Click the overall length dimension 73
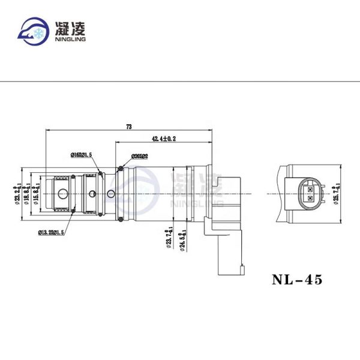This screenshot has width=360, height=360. click(128, 127)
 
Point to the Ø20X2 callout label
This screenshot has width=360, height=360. click(139, 155)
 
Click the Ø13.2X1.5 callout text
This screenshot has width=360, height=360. click(52, 232)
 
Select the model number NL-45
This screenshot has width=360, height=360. click(297, 280)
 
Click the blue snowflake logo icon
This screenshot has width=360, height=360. click(34, 31)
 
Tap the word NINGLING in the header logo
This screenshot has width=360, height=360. click(71, 40)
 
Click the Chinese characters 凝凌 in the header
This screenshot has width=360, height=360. click(71, 28)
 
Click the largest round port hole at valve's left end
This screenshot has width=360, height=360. click(62, 194)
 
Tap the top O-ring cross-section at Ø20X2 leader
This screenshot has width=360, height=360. click(121, 167)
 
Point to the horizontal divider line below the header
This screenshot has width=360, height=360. click(180, 80)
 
